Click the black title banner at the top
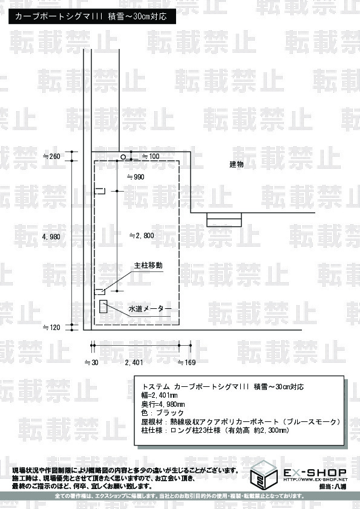[x=93, y=16]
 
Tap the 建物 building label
[x=237, y=164]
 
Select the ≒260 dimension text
[x=51, y=157]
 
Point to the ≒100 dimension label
[x=151, y=157]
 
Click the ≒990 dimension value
[x=136, y=177]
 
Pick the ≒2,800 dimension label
[x=142, y=236]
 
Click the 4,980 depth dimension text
[x=51, y=237]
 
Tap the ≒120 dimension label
[x=51, y=328]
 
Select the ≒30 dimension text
[x=91, y=363]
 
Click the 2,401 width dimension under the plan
[x=134, y=363]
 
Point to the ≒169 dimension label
[x=187, y=363]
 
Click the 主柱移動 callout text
[x=148, y=265]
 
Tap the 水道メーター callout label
[x=150, y=309]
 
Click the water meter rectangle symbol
[x=103, y=306]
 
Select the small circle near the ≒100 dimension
[x=123, y=157]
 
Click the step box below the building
[x=224, y=219]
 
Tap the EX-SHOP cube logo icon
[x=264, y=475]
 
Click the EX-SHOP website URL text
[x=315, y=479]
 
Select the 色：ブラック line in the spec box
[x=163, y=413]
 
